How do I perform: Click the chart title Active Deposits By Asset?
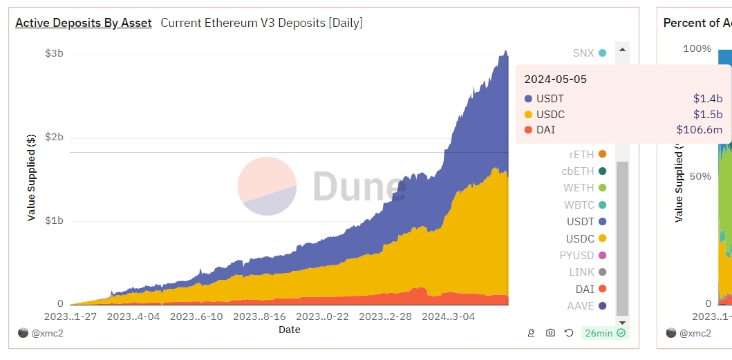(84, 23)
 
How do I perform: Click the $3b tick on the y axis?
(55, 54)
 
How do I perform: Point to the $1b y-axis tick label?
(55, 221)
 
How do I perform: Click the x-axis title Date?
(289, 330)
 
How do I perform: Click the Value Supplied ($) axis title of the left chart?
(31, 176)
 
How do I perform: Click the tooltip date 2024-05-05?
(556, 79)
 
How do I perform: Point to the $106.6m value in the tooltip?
(699, 129)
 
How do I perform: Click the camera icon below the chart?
(550, 333)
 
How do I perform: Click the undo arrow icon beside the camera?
(569, 333)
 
